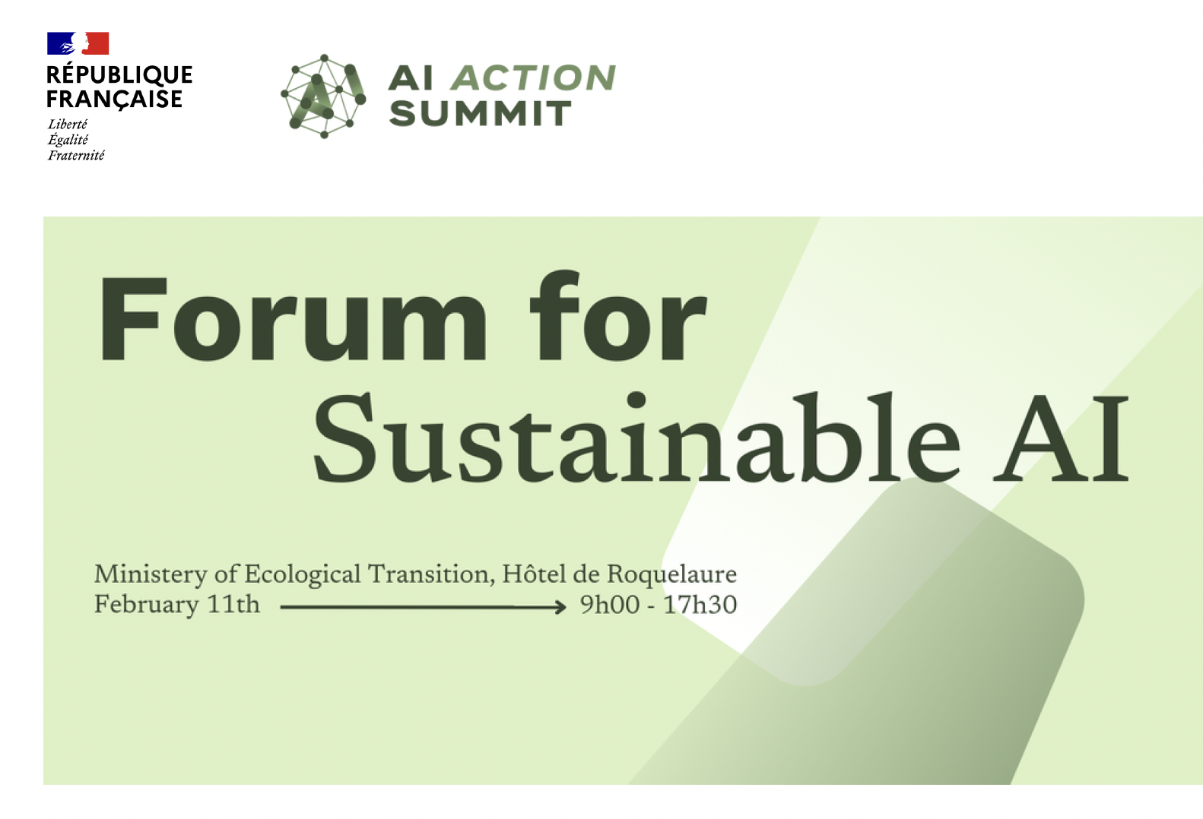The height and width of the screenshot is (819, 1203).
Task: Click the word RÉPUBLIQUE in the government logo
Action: [x=119, y=75]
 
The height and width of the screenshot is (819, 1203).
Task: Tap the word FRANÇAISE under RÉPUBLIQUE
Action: [x=114, y=100]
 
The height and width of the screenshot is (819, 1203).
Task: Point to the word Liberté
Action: [x=68, y=125]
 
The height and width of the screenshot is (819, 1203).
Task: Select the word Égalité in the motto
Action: [x=68, y=140]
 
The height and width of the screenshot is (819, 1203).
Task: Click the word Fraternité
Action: [x=76, y=156]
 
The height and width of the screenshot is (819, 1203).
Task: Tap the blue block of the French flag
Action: [x=61, y=43]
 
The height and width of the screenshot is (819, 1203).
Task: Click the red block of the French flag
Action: [x=97, y=43]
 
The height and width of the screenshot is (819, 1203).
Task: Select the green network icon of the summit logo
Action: [x=323, y=96]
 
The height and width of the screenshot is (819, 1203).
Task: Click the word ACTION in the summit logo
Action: [x=533, y=77]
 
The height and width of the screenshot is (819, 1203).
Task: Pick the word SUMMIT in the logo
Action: [x=480, y=114]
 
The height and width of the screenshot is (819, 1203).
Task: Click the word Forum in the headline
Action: [x=293, y=319]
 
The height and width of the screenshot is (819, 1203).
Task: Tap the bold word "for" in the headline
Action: [x=617, y=315]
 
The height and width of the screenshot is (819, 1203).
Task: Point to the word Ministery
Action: [x=151, y=575]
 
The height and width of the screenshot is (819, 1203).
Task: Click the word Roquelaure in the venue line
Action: [x=672, y=575]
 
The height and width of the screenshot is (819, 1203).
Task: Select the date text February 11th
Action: [x=177, y=605]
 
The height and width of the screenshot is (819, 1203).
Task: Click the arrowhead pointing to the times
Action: [x=560, y=608]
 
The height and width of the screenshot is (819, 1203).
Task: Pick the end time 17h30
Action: [x=700, y=605]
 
